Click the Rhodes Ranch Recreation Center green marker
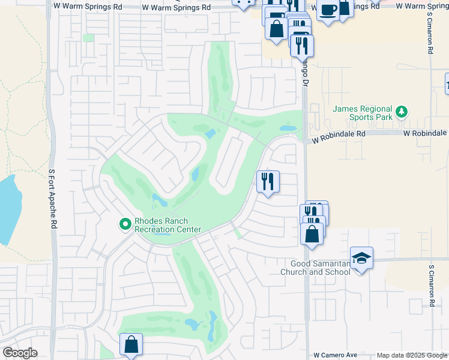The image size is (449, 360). (x=125, y=224)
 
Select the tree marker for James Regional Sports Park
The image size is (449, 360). (x=401, y=112)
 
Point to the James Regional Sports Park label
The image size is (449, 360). (x=363, y=113)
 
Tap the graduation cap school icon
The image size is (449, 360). (x=362, y=258)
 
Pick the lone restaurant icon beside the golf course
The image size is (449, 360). (x=268, y=181)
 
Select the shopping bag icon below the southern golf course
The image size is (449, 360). (x=131, y=344)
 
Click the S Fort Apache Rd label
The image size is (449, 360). (x=53, y=198)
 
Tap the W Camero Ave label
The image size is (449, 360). (x=336, y=355)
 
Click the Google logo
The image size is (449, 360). (x=20, y=353)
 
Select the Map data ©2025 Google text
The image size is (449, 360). (x=411, y=355)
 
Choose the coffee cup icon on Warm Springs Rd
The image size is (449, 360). (x=328, y=10)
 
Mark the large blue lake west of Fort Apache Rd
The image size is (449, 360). (x=9, y=210)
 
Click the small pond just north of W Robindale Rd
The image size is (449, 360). (x=288, y=128)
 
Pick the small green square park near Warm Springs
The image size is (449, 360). (x=89, y=37)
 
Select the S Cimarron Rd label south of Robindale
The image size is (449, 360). (x=431, y=286)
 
